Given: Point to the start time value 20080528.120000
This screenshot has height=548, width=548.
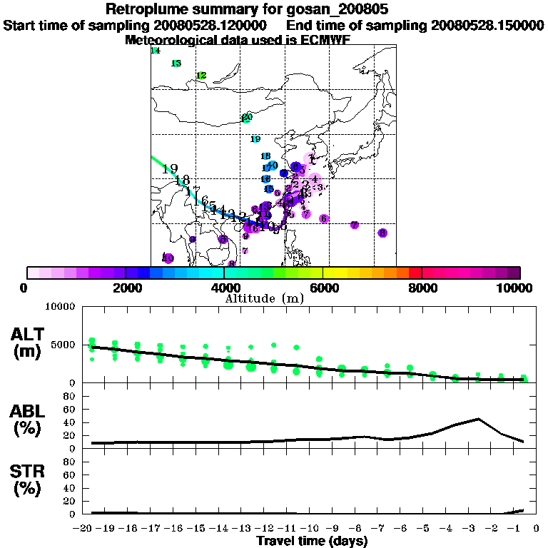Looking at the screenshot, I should (213, 26).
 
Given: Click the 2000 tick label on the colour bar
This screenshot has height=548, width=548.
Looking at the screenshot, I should (126, 288).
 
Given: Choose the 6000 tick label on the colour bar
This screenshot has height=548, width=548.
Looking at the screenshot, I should (323, 288).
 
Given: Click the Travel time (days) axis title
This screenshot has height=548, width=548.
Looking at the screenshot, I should (312, 541).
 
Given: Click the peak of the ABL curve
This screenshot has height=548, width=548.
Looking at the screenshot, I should (478, 419).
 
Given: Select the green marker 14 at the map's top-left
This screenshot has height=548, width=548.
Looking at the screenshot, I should (155, 51).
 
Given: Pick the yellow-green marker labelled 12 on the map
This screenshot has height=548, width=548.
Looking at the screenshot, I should (201, 76).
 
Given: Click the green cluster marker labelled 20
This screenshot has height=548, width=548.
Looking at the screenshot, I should (247, 118).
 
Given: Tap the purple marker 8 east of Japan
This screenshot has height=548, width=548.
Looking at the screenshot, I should (382, 233).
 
